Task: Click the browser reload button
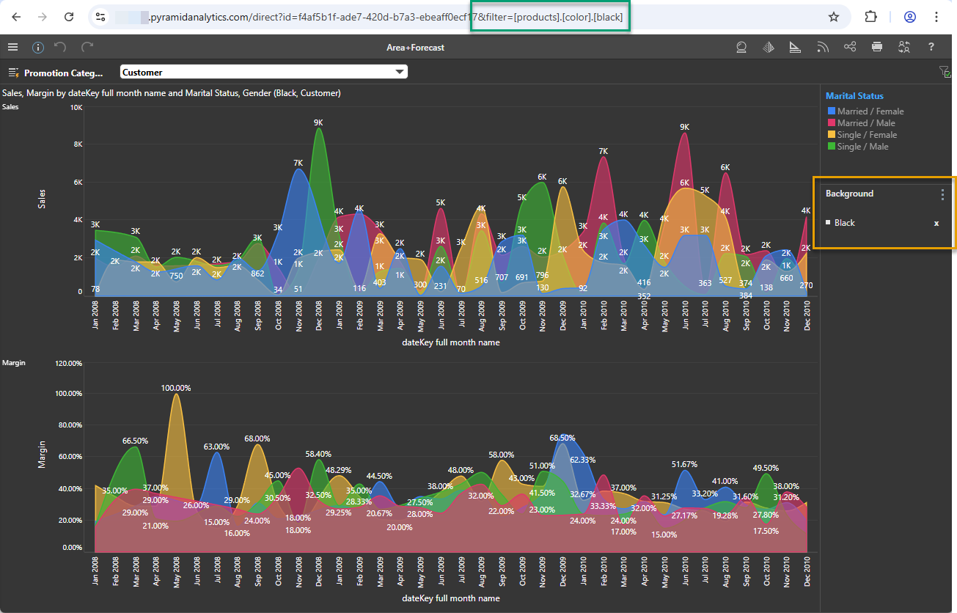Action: [69, 17]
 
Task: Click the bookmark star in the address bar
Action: [834, 17]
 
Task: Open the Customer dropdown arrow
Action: [400, 72]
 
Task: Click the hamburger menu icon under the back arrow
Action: [12, 47]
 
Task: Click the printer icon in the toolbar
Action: [877, 47]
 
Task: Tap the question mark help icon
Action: [931, 47]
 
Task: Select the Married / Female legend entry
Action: [870, 111]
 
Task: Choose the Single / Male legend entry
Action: [862, 147]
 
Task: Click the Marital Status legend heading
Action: [854, 96]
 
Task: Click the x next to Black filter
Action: [936, 223]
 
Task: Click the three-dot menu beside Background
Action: [943, 194]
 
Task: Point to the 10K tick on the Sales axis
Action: [76, 108]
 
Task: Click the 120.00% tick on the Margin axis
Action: [67, 364]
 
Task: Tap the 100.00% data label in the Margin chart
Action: [176, 388]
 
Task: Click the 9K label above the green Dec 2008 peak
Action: [318, 122]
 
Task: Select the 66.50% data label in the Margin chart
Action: [135, 441]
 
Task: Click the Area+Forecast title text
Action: [415, 48]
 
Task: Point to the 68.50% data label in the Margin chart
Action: [562, 438]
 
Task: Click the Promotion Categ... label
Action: [63, 73]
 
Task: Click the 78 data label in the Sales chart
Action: [95, 289]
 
